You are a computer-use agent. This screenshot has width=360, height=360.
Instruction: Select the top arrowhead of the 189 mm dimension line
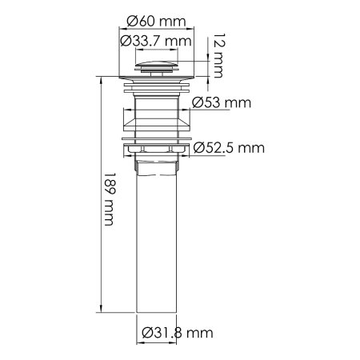(x=101, y=81)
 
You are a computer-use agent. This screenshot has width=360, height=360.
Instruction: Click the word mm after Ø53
(x=238, y=103)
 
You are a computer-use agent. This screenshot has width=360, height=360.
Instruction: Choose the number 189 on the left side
(x=109, y=185)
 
